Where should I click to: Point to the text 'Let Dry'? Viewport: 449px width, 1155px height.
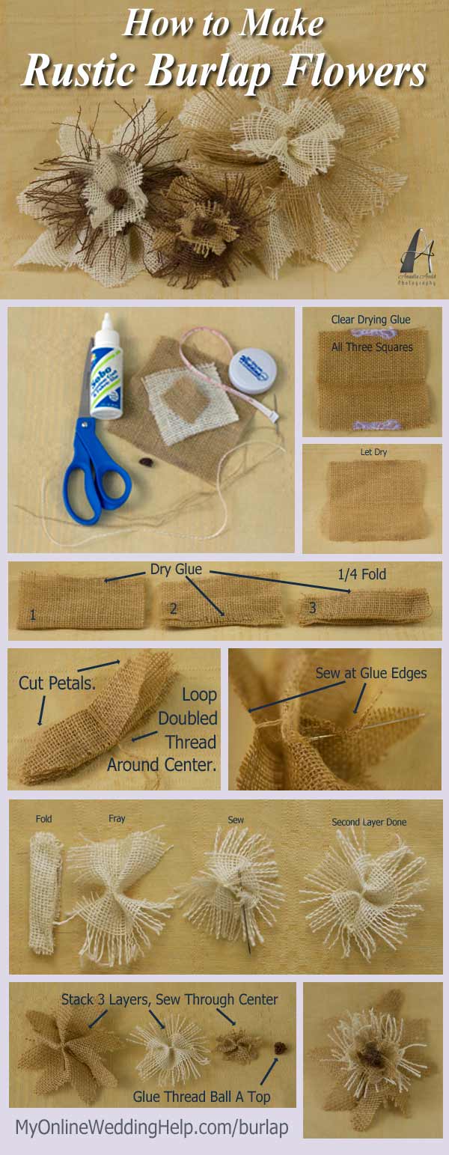coord(373,453)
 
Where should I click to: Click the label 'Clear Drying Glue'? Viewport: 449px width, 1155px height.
coord(370,320)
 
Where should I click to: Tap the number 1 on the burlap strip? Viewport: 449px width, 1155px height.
coord(32,615)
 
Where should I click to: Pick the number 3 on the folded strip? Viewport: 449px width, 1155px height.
coord(313,608)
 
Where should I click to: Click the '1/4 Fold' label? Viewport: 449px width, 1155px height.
coord(362,573)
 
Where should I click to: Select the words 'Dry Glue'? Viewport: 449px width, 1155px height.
coord(176,570)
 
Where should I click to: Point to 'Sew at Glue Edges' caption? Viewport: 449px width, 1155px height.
coord(370,673)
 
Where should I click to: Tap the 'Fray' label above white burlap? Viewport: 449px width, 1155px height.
coord(117,819)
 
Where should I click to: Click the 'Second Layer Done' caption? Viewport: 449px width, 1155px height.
coord(369,822)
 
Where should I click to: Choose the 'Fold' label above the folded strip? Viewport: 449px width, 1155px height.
coord(44,819)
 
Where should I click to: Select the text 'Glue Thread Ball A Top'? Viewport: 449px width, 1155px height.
coord(201,1097)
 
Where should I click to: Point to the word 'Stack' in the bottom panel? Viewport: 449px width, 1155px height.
coord(78,999)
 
